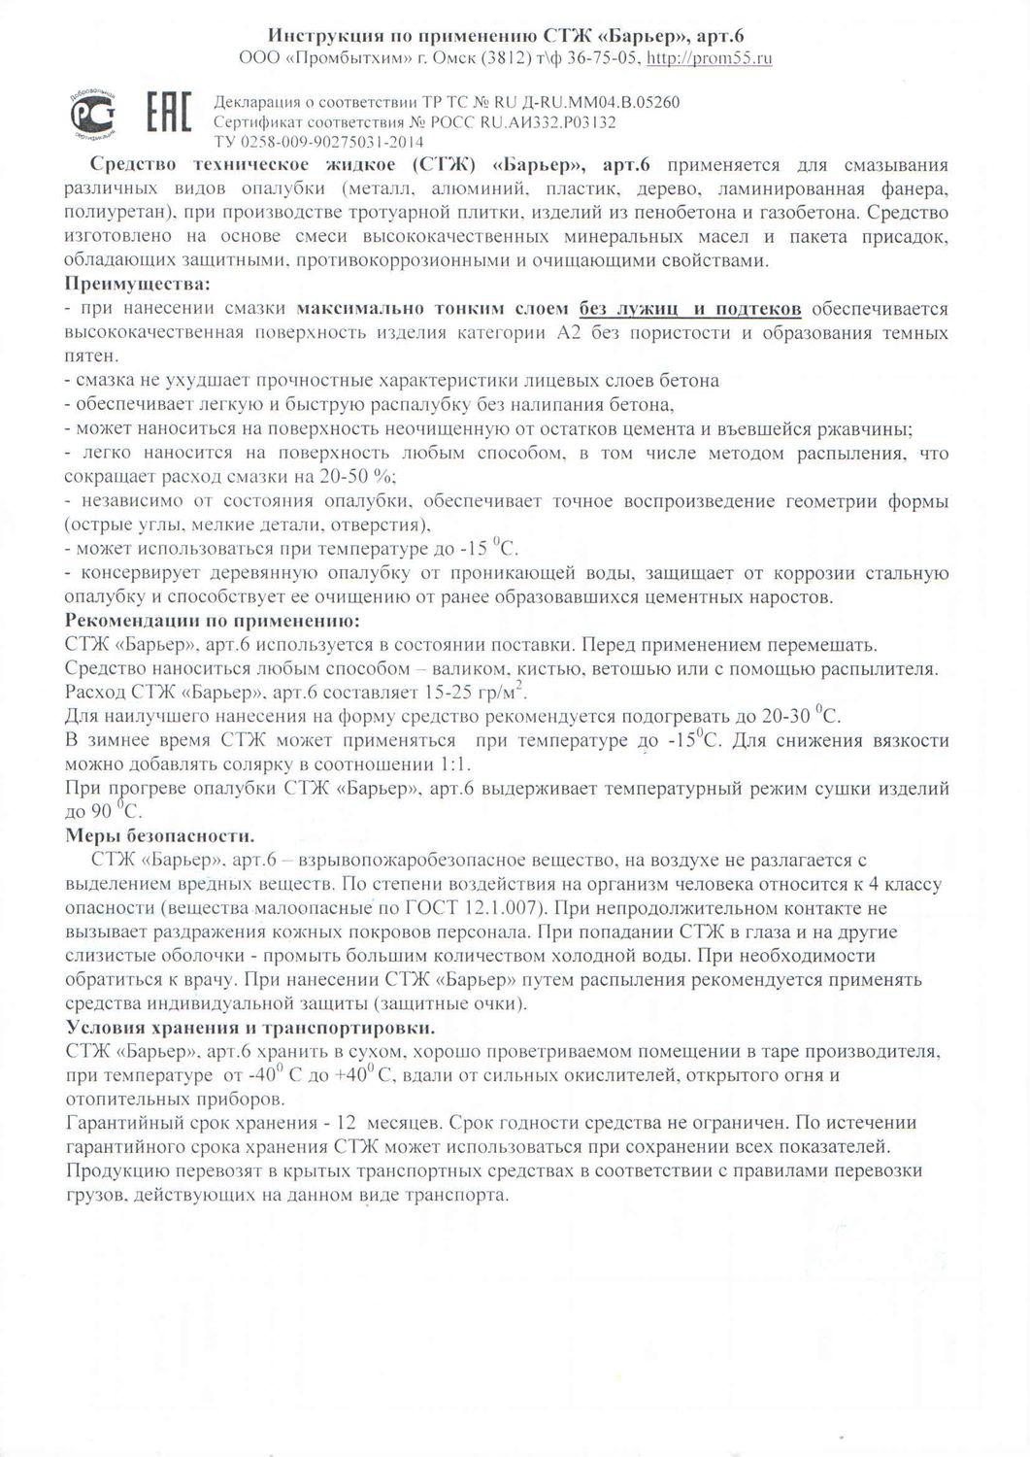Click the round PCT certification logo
94,115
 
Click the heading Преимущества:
136,284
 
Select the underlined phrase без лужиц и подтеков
690,309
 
